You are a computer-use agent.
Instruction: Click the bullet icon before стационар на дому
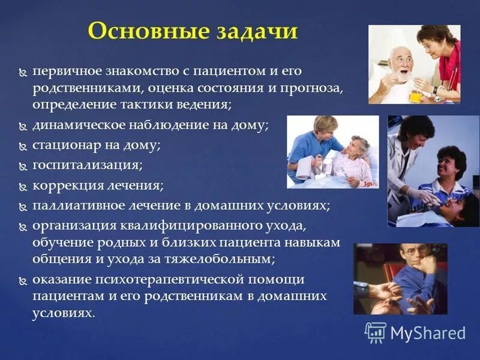point(23,146)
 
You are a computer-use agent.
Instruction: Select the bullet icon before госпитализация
point(23,165)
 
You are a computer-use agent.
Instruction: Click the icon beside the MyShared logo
point(376,332)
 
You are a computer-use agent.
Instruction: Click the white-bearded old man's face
point(399,64)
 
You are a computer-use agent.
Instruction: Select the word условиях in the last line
point(63,313)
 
